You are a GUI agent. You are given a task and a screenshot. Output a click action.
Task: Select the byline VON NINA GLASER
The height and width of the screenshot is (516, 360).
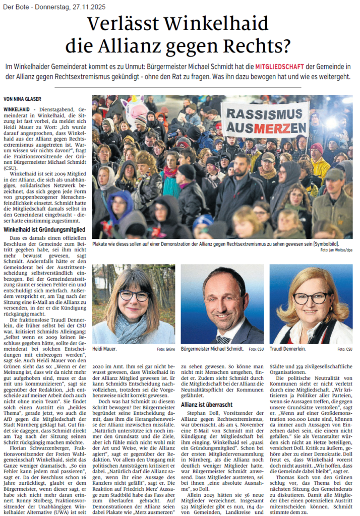point(24,99)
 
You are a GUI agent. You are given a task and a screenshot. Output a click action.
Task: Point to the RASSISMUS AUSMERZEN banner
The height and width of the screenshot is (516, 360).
point(265,120)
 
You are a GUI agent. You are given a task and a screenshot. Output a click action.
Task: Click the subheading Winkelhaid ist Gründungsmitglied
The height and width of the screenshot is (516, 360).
point(44,229)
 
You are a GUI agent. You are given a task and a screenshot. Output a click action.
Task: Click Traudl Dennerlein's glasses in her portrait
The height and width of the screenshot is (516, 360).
point(311,298)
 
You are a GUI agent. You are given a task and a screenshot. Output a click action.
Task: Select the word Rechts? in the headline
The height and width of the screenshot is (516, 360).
point(262,46)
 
